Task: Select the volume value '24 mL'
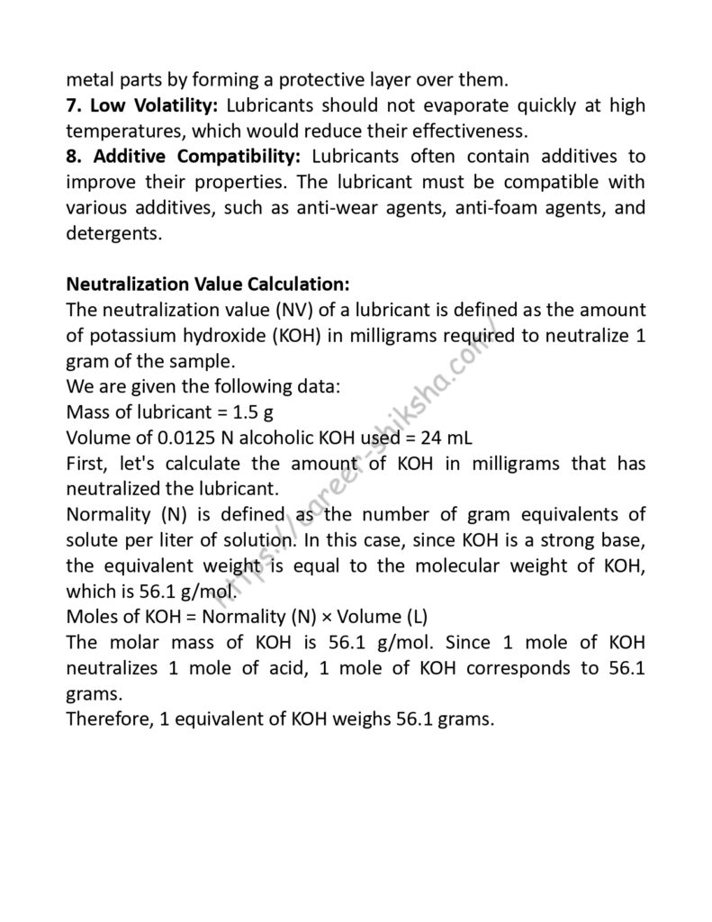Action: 447,438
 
